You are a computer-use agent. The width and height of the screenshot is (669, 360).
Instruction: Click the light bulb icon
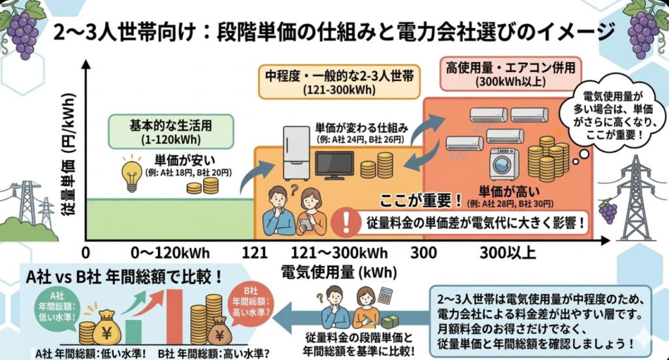tap(133, 174)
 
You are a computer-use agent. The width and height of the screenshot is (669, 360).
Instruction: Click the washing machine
tap(504, 163)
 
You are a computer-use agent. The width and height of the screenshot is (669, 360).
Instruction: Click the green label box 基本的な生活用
tap(150, 129)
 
